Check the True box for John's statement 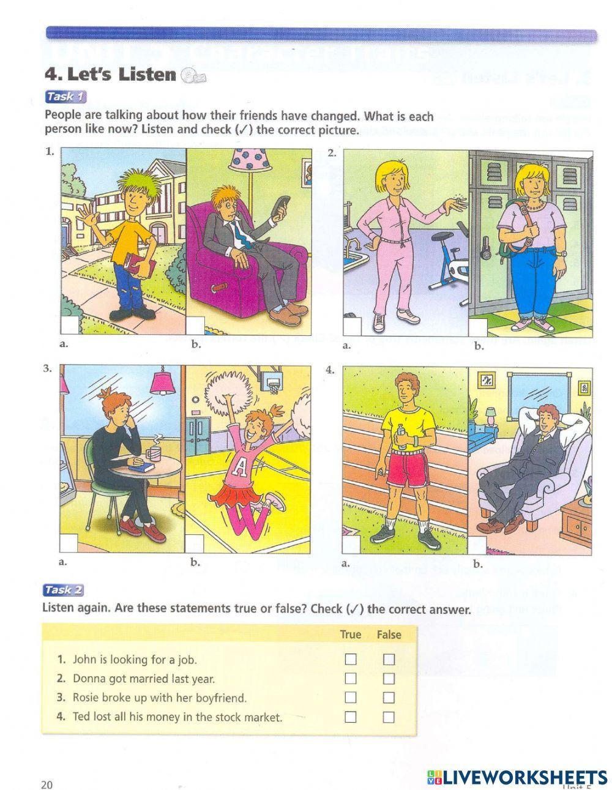(350, 659)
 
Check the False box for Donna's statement (389, 679)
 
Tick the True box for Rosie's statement (350, 698)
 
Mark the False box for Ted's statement (389, 717)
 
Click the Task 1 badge (65, 97)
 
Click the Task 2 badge (64, 590)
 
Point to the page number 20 (47, 785)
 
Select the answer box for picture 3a (69, 543)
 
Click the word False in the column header (389, 635)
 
